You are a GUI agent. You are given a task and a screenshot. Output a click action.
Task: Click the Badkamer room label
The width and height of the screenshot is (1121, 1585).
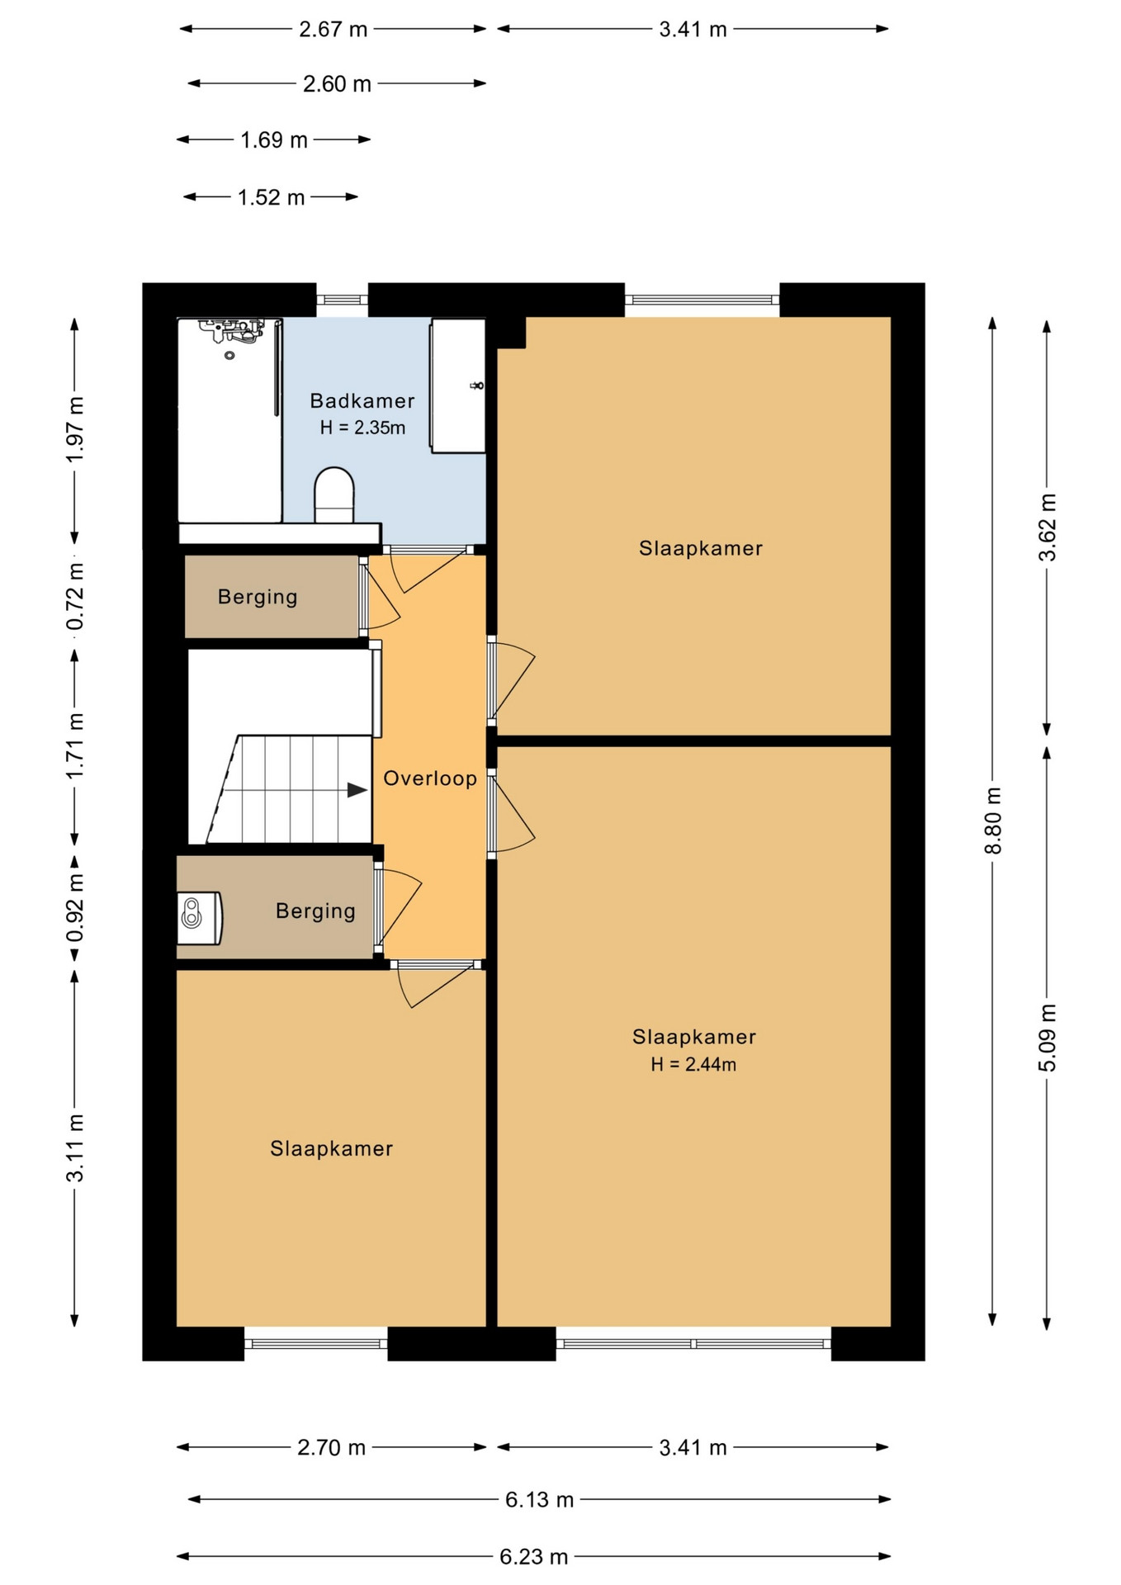362,401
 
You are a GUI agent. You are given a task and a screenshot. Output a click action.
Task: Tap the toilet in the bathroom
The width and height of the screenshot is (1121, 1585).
334,495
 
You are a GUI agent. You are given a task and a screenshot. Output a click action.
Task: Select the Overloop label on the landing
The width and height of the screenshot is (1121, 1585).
430,778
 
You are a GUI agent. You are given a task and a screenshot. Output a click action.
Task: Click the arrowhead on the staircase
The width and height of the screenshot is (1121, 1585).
357,790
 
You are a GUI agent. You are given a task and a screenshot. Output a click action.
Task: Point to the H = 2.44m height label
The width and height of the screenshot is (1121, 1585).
693,1064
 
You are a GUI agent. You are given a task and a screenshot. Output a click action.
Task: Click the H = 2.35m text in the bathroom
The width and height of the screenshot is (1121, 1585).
362,428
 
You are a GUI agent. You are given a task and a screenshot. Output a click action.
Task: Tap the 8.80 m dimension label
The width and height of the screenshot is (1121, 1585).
993,821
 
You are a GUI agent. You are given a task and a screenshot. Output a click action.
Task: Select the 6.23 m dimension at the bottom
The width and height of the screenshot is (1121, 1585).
533,1556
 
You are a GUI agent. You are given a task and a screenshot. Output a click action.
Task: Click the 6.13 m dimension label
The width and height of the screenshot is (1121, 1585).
539,1499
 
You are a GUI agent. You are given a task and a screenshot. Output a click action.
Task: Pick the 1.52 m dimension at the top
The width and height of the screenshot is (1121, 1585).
271,197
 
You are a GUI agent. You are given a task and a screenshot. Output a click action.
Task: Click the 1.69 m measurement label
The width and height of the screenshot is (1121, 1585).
273,140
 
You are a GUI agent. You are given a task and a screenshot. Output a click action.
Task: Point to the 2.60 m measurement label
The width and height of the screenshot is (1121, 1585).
337,84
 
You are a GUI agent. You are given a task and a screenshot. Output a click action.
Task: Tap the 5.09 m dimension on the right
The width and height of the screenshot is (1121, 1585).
1047,1037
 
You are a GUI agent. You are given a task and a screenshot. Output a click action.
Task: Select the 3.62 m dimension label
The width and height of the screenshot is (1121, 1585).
1047,527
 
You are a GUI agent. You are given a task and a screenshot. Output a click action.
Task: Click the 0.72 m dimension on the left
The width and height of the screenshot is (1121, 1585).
74,596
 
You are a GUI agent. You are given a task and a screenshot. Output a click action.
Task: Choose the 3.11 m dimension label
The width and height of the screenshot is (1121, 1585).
74,1147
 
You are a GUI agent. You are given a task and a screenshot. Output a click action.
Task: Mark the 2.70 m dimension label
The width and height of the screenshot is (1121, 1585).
331,1447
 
